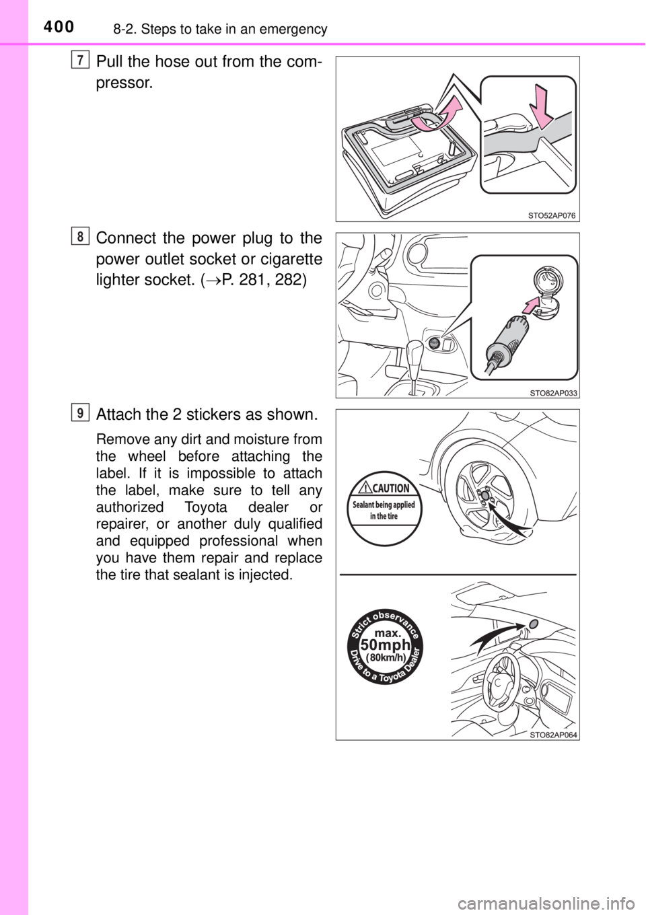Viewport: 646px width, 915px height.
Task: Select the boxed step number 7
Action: [x=81, y=61]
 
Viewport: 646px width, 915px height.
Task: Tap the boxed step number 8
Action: [x=81, y=237]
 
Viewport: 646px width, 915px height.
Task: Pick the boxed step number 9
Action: [x=81, y=412]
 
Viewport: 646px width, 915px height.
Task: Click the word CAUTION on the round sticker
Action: [x=390, y=488]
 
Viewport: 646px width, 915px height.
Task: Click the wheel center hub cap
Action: [x=486, y=495]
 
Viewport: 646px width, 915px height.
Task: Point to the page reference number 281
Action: [x=255, y=281]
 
